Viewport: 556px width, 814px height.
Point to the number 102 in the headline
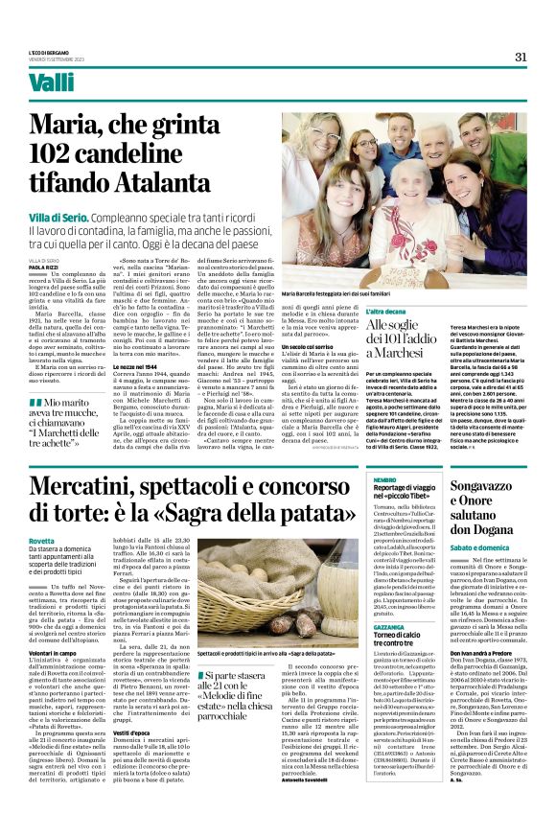(57, 152)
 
